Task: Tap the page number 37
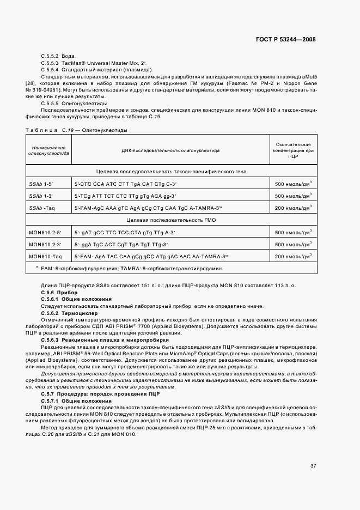(313, 465)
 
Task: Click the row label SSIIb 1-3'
(40, 196)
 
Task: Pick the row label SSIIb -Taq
(41, 208)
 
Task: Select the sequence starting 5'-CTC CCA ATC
(126, 184)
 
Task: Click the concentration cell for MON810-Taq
(293, 256)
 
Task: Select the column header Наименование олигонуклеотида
(48, 150)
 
